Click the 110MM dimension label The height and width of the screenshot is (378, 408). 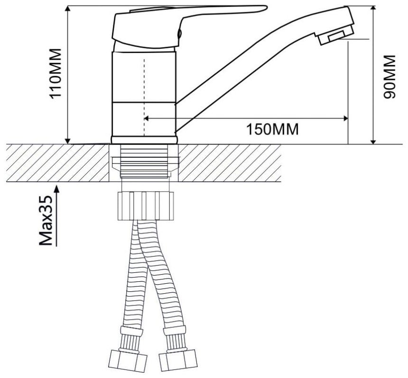pos(56,73)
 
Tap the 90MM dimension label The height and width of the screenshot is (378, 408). pos(389,77)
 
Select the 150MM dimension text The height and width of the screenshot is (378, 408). pos(272,129)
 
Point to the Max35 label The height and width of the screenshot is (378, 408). pos(46,221)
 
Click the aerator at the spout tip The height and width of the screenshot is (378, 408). pos(336,36)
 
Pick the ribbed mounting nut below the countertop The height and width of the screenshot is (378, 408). pos(146,206)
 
